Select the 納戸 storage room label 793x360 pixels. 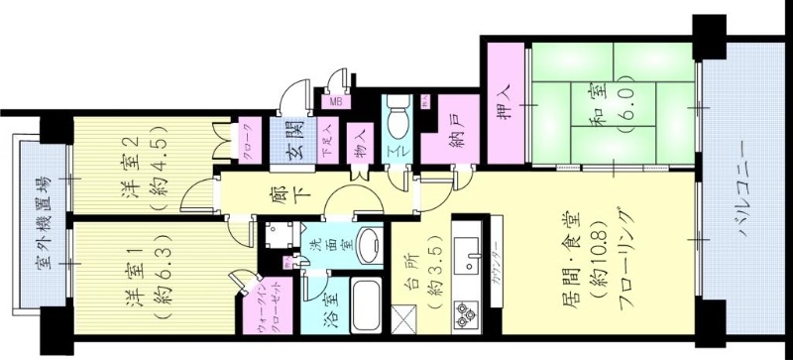pyautogui.click(x=444, y=129)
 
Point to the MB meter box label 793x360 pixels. pyautogui.click(x=335, y=101)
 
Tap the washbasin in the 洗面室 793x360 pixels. pyautogui.click(x=369, y=246)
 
